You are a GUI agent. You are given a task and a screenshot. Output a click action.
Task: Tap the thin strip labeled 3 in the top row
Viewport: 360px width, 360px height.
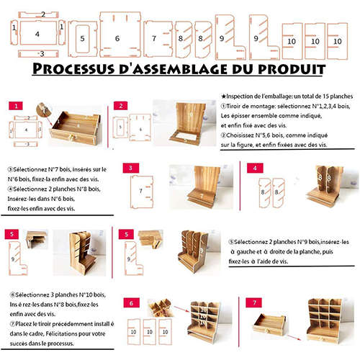41,53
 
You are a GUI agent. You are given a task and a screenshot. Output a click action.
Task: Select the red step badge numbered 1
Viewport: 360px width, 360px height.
14,106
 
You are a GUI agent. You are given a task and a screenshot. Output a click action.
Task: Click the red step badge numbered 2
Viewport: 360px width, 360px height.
121,106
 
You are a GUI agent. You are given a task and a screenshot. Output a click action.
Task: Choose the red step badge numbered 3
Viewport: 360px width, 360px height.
130,168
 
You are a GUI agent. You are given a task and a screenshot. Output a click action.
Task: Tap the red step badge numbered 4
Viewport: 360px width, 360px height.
254,168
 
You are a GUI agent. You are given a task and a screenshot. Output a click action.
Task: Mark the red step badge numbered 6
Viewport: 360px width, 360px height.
131,303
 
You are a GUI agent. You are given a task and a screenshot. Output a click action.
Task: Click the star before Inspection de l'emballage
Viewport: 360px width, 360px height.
224,96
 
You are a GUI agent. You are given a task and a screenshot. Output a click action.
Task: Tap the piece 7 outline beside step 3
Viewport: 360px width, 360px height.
140,191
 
